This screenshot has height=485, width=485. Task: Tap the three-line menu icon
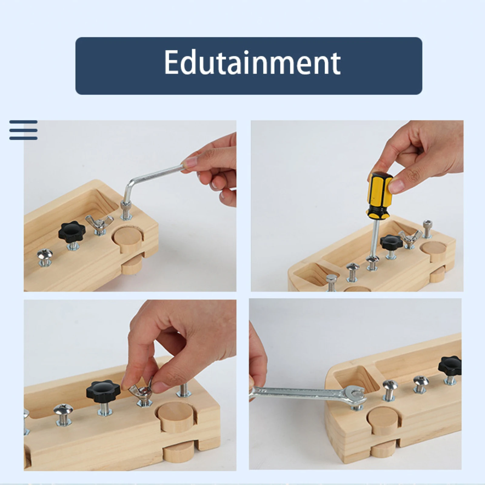23,130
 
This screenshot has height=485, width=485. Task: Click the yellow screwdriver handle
380,194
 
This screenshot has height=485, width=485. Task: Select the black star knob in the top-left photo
72,232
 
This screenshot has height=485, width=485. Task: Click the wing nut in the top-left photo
99,223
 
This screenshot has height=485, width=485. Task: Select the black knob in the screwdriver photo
391,242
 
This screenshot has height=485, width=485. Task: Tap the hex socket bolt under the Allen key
126,209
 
